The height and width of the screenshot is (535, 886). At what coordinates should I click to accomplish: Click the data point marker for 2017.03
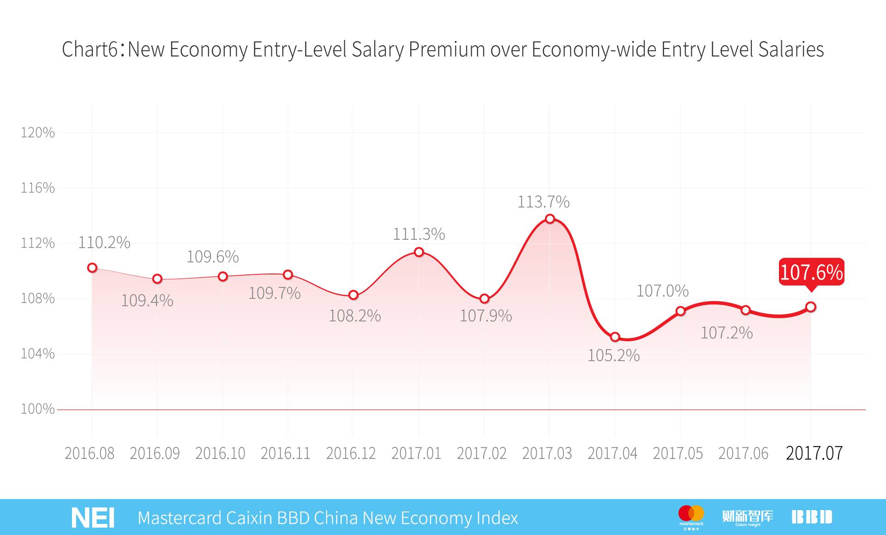[550, 219]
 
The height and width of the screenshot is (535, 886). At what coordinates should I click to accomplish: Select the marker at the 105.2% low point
[615, 337]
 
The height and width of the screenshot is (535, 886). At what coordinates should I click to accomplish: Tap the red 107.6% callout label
[811, 272]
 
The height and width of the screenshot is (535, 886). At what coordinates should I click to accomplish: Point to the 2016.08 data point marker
[92, 267]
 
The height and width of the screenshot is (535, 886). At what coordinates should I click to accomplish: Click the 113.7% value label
[543, 202]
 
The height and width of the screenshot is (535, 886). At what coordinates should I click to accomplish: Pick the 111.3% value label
[419, 234]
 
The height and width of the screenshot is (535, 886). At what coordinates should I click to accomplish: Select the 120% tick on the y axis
[37, 133]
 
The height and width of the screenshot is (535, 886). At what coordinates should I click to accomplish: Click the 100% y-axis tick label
[37, 409]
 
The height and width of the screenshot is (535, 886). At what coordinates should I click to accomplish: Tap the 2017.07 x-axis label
[814, 453]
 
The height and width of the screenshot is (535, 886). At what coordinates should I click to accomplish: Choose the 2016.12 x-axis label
[351, 453]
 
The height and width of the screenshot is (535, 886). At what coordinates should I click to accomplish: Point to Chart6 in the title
[90, 50]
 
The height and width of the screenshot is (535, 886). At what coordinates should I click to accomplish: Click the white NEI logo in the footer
[93, 518]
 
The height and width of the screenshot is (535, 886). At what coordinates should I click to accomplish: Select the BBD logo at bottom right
[812, 517]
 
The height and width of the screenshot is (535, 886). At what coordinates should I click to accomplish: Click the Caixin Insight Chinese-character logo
[748, 517]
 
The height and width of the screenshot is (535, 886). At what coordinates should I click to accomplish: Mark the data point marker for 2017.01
[419, 252]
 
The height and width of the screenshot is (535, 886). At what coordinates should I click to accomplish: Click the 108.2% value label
[354, 316]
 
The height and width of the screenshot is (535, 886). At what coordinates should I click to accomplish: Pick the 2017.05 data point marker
[680, 311]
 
